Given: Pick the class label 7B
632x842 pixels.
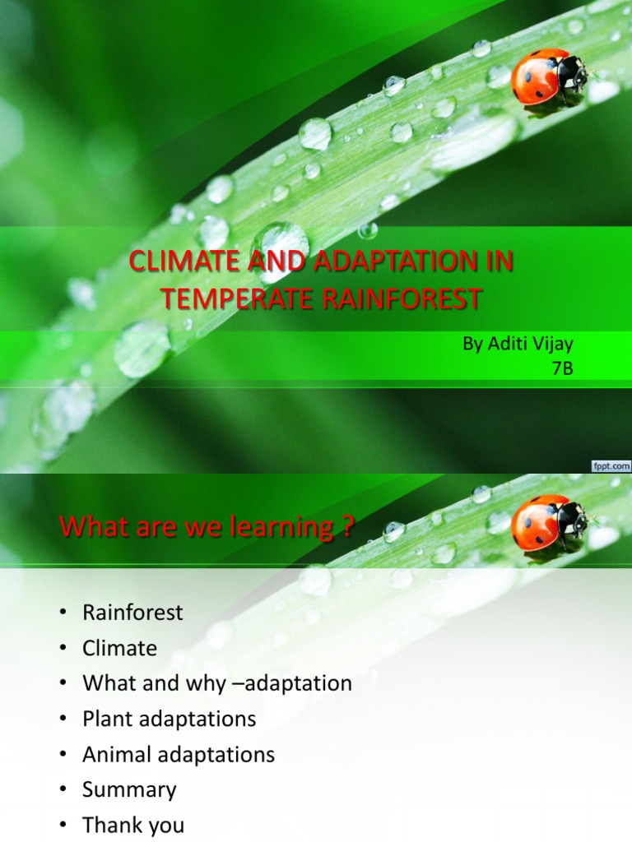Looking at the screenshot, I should click(562, 368).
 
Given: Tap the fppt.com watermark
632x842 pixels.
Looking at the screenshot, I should click(611, 466).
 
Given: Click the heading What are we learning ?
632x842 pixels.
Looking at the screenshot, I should click(207, 527).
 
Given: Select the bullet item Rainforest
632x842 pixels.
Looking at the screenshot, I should click(132, 613).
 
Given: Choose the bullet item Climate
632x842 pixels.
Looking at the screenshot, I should click(119, 648).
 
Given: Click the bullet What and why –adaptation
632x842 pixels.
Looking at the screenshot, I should click(217, 683).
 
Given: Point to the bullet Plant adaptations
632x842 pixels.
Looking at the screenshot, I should click(170, 719).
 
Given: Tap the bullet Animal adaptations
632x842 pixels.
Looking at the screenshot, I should click(179, 754).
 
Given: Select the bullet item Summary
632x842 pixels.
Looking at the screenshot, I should click(129, 790).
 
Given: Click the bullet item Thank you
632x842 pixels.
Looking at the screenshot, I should click(133, 826).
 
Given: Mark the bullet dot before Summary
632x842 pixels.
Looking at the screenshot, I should click(62, 791).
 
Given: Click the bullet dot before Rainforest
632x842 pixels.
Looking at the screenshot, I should click(62, 613).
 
